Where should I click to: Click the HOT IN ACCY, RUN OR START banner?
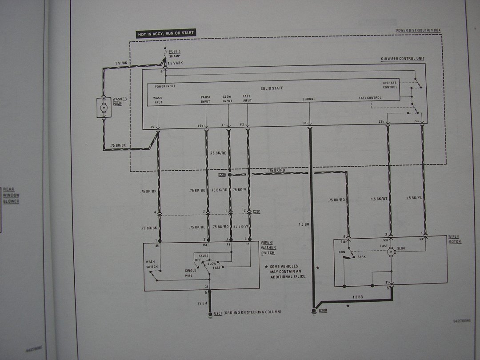[x=166, y=33]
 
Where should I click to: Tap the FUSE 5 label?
[x=175, y=52]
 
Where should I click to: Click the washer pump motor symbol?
[x=104, y=108]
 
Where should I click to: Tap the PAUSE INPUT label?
[x=205, y=99]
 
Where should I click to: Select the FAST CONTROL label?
[x=370, y=98]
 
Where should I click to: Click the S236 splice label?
[x=222, y=175]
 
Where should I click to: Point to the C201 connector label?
[x=256, y=212]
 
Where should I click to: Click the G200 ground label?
[x=323, y=310]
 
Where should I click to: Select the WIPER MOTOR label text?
[x=454, y=239]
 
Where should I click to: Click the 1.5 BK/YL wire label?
[x=414, y=197]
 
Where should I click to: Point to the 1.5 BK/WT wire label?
[x=379, y=199]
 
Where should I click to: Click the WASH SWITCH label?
[x=151, y=264]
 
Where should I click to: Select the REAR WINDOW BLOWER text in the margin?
[x=11, y=195]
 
